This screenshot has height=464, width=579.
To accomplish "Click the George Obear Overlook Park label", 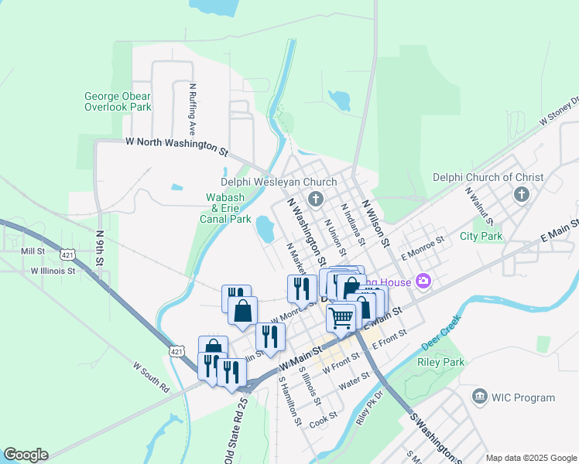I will (x=118, y=102).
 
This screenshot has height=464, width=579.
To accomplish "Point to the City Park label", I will (x=481, y=237).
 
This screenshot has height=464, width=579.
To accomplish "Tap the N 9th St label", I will (x=100, y=247).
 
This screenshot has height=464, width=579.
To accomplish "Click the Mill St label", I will (x=33, y=251).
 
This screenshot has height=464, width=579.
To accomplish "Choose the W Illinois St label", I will (x=53, y=271).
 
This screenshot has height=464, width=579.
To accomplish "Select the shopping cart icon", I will (x=341, y=317).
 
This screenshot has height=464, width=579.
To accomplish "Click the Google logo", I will (x=26, y=455).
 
